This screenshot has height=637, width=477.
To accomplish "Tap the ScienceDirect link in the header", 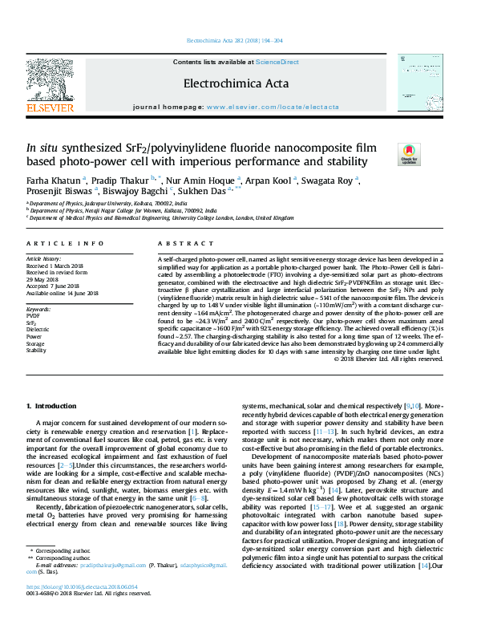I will [x=277, y=62].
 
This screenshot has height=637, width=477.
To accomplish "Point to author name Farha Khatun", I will [x=53, y=180].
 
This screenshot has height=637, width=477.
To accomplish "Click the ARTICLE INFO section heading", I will [x=65, y=243].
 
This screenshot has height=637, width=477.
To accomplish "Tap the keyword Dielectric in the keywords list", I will [x=38, y=329].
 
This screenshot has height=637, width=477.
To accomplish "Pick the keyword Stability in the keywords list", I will [x=36, y=351].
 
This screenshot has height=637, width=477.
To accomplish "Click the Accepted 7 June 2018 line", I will [x=56, y=286].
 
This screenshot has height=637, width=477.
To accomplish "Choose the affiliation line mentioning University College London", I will [x=160, y=217].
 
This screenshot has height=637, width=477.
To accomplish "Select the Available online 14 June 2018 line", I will [x=63, y=293].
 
